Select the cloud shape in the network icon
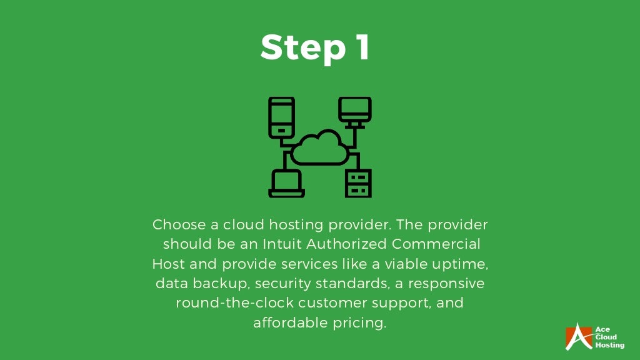(x=320, y=147)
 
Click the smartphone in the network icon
(x=281, y=117)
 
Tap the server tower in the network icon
(x=358, y=183)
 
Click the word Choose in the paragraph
(x=174, y=224)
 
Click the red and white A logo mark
(x=578, y=336)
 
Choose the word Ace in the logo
(x=602, y=329)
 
